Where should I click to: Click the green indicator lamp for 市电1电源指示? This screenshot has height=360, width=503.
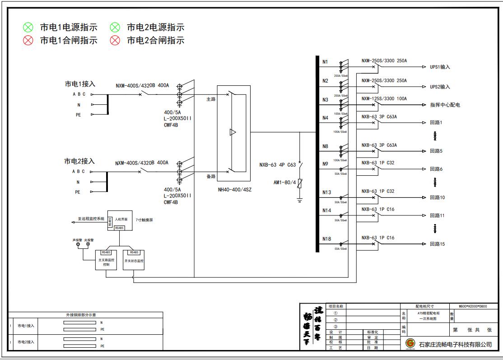[28, 28]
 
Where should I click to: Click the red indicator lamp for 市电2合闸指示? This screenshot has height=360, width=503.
[115, 41]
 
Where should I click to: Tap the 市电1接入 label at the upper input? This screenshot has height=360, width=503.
[80, 84]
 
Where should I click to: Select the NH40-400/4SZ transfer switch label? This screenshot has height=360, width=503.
[235, 190]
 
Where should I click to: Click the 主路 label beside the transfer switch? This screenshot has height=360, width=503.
[211, 99]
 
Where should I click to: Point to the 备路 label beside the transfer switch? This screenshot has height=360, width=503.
[211, 176]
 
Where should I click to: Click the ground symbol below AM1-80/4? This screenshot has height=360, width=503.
[300, 199]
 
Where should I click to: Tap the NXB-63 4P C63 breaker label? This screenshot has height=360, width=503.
[277, 165]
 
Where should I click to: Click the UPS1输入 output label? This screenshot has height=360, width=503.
[440, 67]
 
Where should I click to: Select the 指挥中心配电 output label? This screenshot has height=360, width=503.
[445, 105]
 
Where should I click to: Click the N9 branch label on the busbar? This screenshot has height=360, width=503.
[326, 164]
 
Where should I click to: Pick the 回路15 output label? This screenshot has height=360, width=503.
[437, 244]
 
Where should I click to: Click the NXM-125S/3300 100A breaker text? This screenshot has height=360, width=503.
[384, 98]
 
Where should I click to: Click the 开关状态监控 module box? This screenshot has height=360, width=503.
[134, 261]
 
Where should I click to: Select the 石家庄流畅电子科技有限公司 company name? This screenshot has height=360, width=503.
[455, 344]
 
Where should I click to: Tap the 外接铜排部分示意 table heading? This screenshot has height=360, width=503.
[85, 315]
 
